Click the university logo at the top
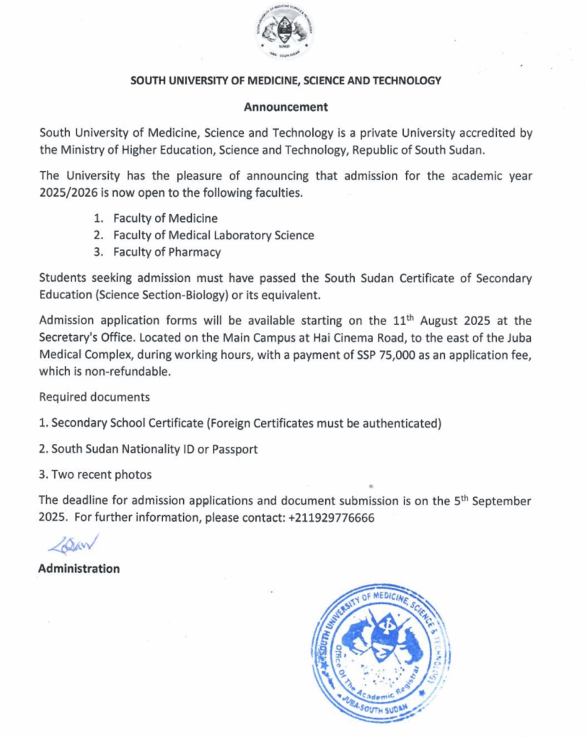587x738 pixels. click(x=286, y=32)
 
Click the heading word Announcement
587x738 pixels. click(x=286, y=107)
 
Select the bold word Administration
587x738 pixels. click(x=79, y=569)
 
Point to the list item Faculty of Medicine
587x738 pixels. click(x=165, y=218)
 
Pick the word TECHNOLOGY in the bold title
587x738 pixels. click(x=406, y=81)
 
